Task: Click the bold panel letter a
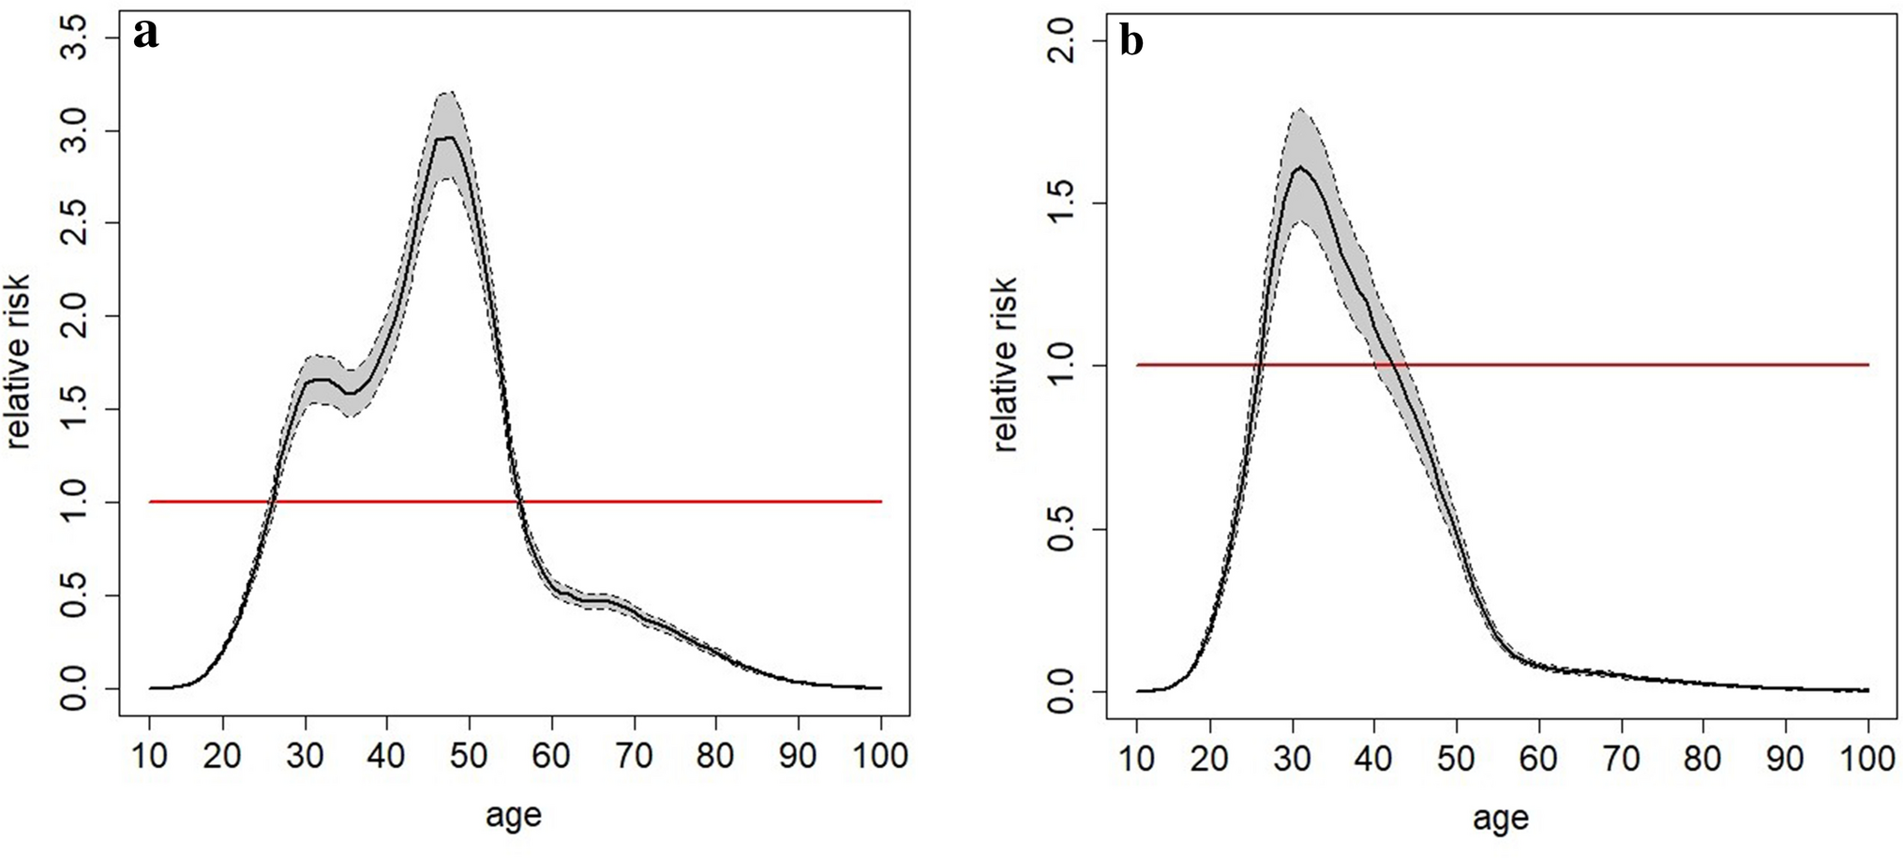146,35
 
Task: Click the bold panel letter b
1131,41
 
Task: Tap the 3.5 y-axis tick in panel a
76,38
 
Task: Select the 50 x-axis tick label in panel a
469,756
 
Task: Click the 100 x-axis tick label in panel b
1867,759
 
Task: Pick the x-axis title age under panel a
513,816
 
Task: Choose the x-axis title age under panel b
1500,819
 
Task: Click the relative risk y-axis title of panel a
20,361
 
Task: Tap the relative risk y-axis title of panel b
1006,365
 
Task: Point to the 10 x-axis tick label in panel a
150,756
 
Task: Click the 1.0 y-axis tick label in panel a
76,503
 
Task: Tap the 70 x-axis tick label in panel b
1620,759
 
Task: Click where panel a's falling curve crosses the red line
520,502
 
